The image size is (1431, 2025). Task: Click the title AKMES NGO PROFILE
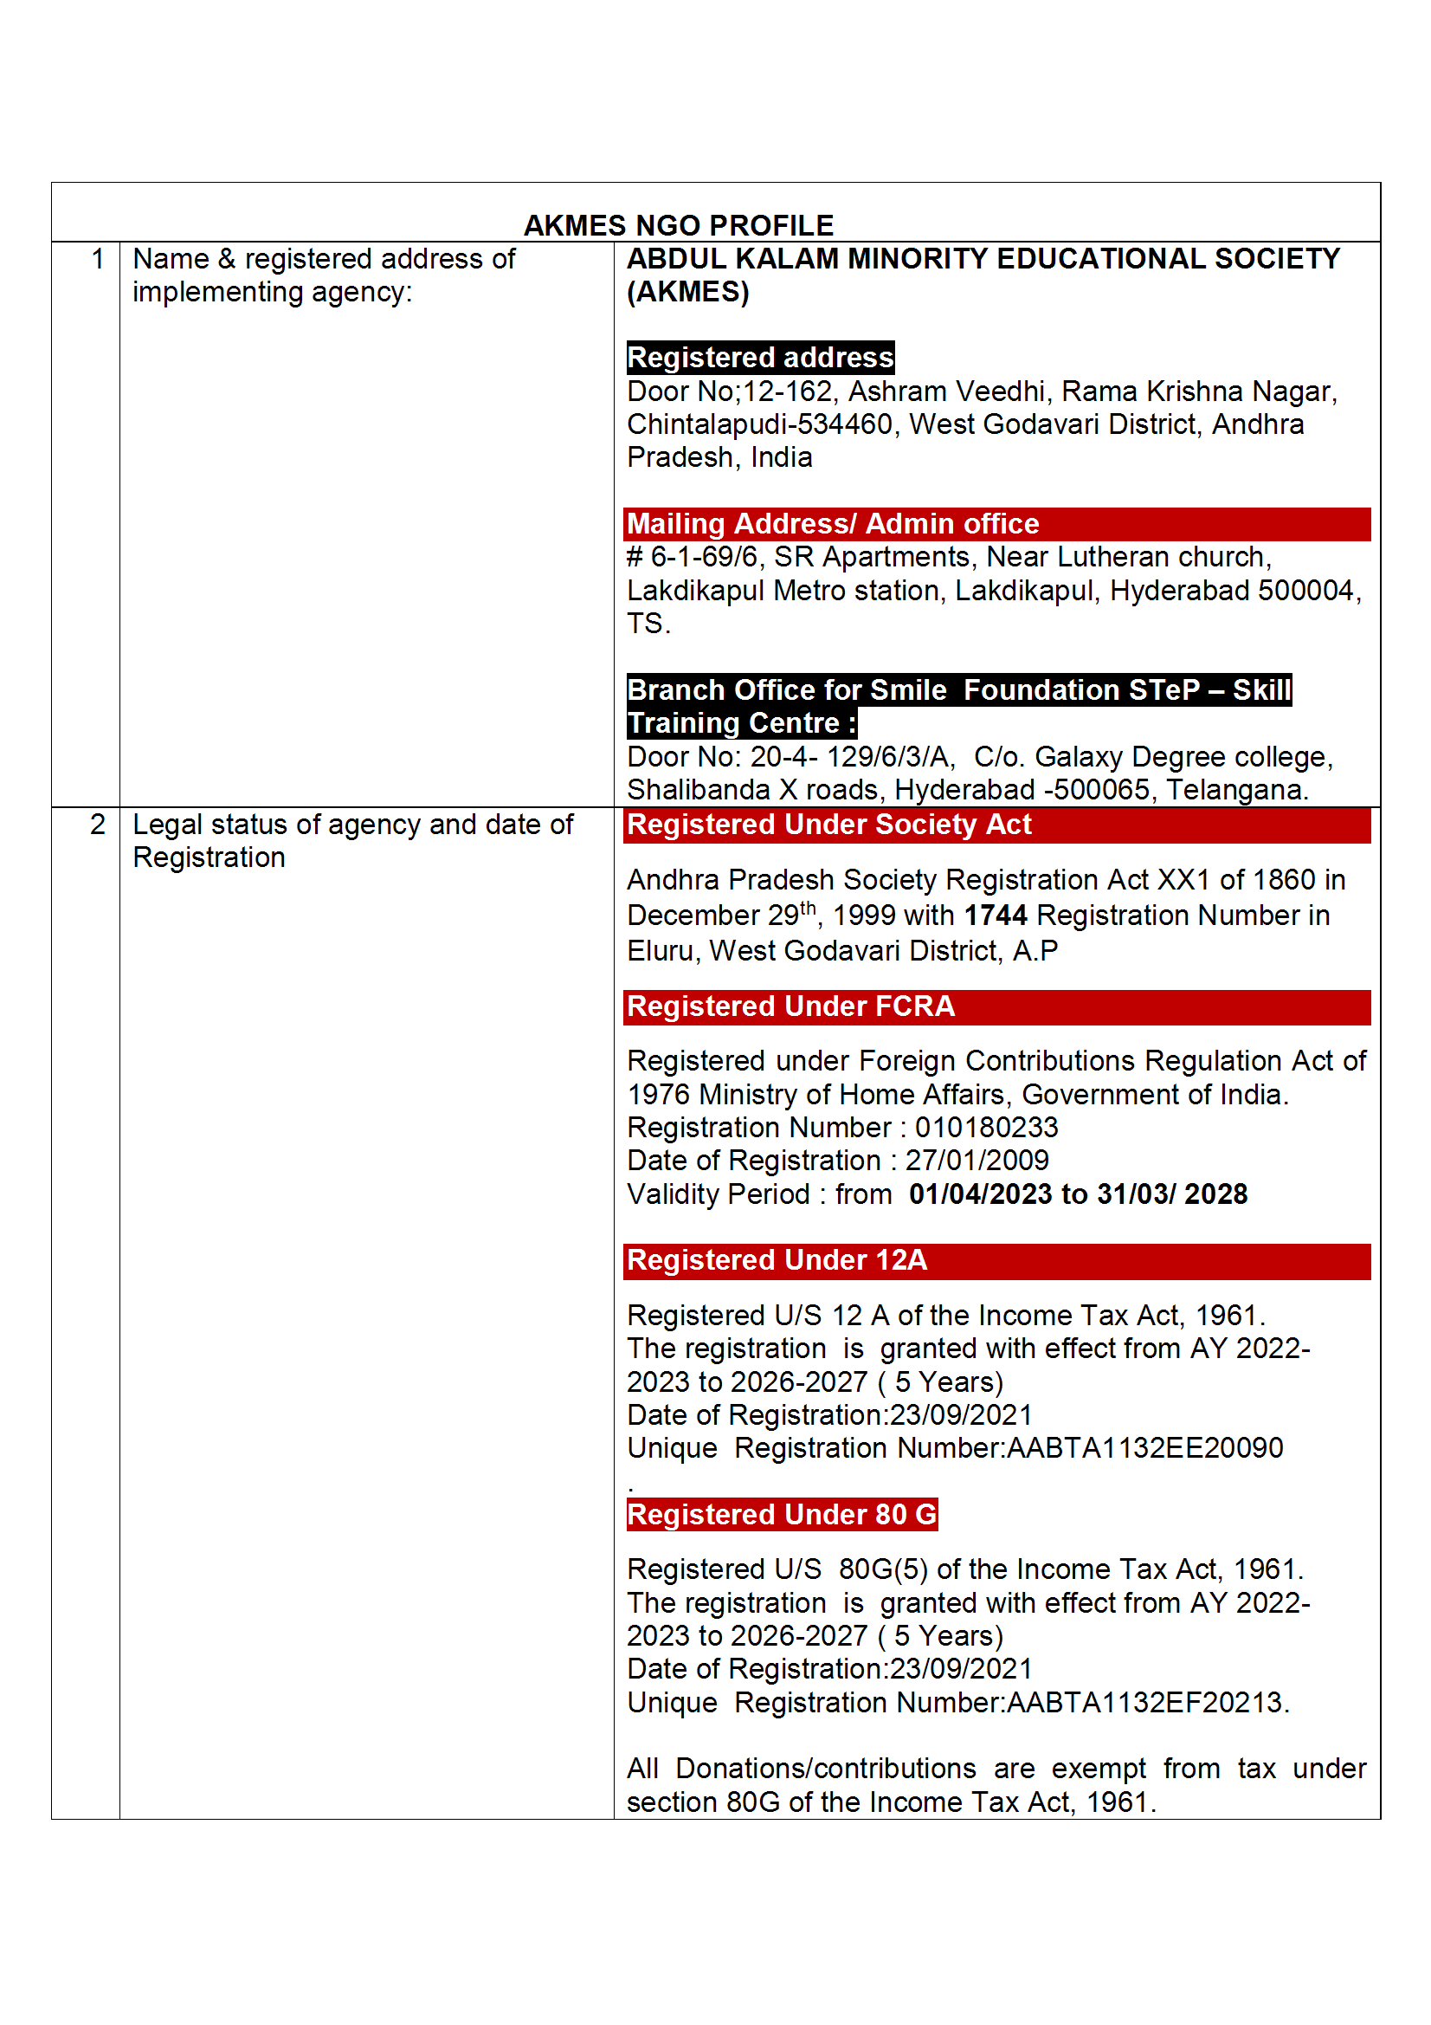point(678,226)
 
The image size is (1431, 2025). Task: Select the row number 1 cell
point(97,259)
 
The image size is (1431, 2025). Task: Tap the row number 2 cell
point(97,825)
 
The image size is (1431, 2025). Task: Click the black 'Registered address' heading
point(760,358)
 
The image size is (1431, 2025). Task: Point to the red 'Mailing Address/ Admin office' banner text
point(832,524)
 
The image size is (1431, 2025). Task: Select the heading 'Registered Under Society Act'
point(828,825)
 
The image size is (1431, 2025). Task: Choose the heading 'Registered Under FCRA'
point(791,1006)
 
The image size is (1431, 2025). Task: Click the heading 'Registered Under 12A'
point(777,1260)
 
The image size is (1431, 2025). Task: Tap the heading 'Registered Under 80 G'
point(782,1514)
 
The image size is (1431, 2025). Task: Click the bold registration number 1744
point(996,915)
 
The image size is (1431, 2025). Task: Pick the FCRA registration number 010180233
point(987,1128)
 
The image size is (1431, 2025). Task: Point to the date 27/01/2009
point(977,1161)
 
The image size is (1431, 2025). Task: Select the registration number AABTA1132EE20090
point(1144,1448)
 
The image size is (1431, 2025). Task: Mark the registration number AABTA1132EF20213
point(1144,1702)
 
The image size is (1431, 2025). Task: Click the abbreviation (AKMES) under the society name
point(687,292)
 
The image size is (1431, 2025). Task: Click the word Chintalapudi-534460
point(760,424)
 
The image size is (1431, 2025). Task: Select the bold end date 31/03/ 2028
point(1172,1194)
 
